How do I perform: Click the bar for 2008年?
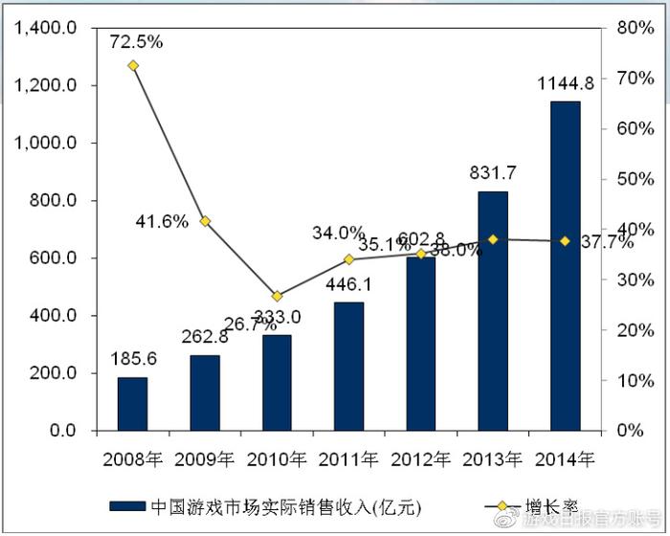[133, 403]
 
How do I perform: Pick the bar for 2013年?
[493, 310]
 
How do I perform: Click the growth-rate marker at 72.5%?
[133, 66]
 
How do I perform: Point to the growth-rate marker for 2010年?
[277, 297]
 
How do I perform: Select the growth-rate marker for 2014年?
[565, 240]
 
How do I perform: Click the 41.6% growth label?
[162, 222]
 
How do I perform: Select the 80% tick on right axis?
[635, 28]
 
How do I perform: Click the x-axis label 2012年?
[420, 458]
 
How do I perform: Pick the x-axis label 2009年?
[205, 458]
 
